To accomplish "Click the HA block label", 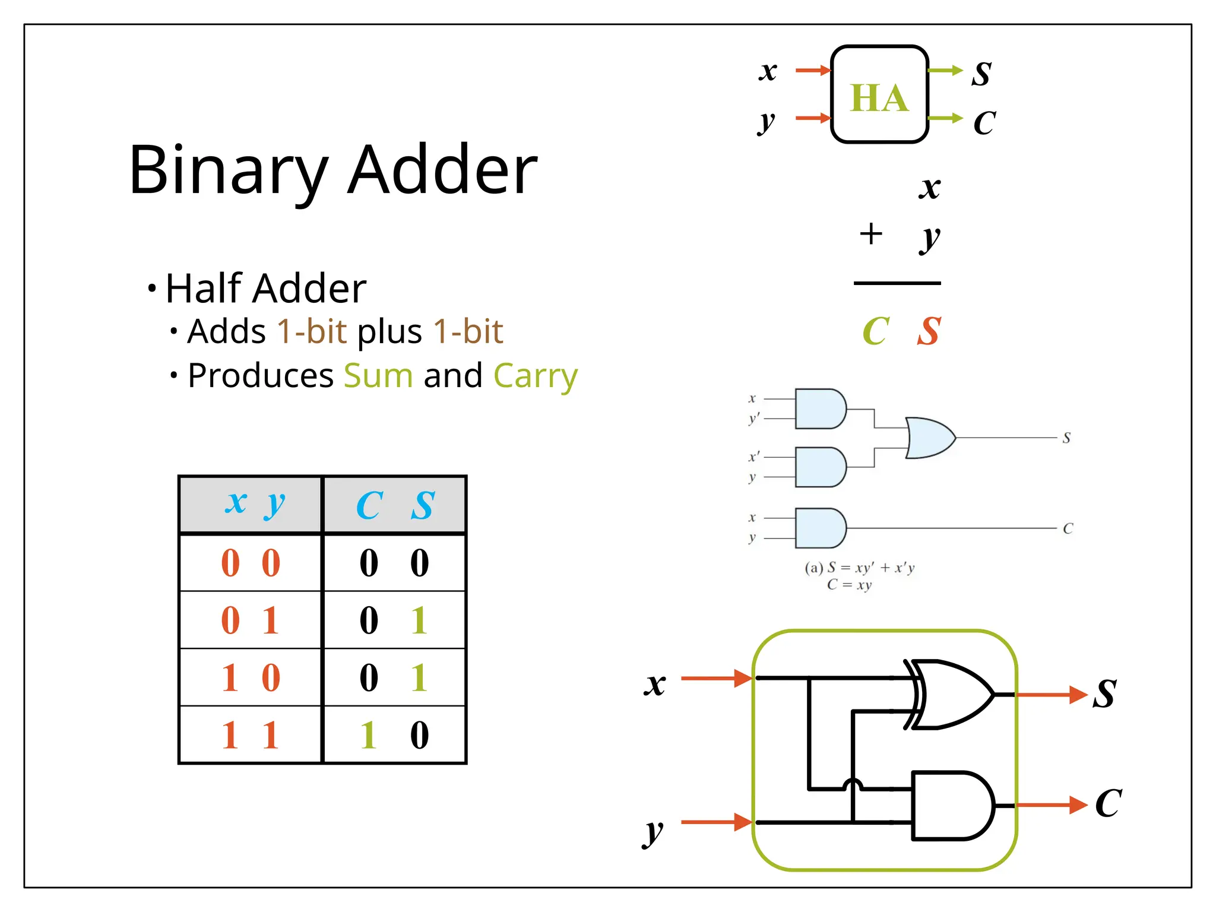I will coord(879,97).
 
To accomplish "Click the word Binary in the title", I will coord(228,171).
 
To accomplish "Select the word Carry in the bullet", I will coord(535,376).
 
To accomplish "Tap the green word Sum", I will coord(378,376).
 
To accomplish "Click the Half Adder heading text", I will coord(265,289).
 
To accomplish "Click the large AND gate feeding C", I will coord(950,806).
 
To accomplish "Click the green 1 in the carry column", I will coord(368,735).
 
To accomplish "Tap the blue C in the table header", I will coord(369,505).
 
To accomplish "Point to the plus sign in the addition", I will coord(870,233).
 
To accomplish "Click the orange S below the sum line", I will coord(929,331).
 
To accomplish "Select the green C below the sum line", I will coord(875,331).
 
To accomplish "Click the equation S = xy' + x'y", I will coord(859,568).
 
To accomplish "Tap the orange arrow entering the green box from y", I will coord(716,822).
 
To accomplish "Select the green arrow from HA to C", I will coord(945,118).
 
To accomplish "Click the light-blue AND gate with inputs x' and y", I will coord(819,467).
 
